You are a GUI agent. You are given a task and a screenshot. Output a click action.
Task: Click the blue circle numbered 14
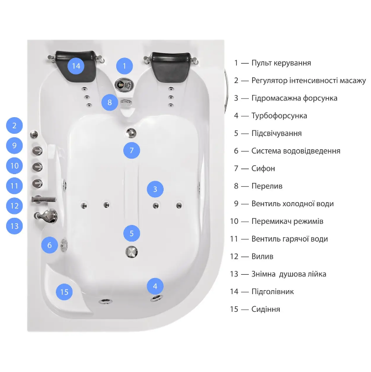[x=76, y=66]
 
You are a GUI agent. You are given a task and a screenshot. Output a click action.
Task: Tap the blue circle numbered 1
[x=124, y=66]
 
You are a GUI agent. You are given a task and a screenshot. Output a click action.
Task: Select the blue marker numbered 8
[x=109, y=102]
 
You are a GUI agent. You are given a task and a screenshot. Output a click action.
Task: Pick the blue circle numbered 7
[x=131, y=150]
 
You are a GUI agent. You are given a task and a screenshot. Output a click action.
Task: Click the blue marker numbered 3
[x=155, y=190]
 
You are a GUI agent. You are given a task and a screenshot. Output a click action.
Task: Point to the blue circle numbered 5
[x=132, y=233]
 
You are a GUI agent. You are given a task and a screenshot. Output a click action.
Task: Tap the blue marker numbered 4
[x=155, y=286]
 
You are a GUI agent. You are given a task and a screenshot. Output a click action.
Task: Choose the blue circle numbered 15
[x=65, y=292]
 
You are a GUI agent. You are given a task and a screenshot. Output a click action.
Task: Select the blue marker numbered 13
[x=14, y=226]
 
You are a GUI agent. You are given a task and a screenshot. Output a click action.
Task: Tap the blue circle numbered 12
[x=14, y=206]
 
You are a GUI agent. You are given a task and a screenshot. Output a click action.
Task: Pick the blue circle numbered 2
[x=14, y=125]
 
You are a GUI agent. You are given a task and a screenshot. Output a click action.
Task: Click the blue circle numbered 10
[x=14, y=165]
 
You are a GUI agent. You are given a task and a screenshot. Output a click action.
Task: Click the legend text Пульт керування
[x=281, y=63]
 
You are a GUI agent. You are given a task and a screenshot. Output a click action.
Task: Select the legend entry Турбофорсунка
[x=279, y=116]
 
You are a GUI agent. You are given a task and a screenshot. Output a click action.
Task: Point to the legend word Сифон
[x=263, y=169]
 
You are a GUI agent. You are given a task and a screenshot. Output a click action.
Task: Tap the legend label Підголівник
[x=272, y=291]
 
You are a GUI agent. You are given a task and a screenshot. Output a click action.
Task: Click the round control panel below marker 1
[x=123, y=85]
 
